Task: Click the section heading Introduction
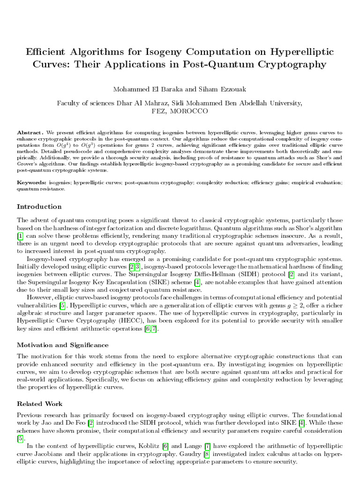coord(39,207)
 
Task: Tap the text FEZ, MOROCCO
coord(180,112)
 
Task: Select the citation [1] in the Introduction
coord(20,235)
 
